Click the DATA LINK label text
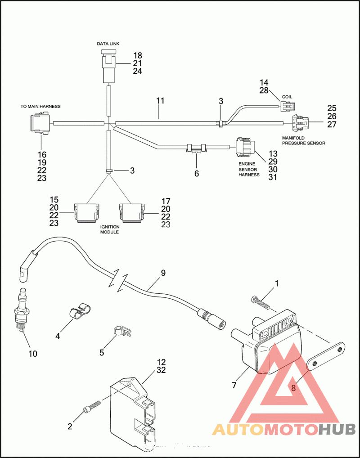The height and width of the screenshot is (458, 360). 108,44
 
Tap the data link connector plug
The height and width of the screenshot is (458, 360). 108,66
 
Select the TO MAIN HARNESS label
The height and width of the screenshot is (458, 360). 40,107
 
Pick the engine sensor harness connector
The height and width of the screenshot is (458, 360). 243,146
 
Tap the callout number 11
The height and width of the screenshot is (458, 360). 160,101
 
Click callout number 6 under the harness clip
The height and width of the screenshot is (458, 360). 196,174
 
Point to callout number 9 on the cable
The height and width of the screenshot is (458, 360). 163,273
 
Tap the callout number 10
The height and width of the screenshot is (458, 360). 33,354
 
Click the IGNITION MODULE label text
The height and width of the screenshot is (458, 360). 108,229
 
